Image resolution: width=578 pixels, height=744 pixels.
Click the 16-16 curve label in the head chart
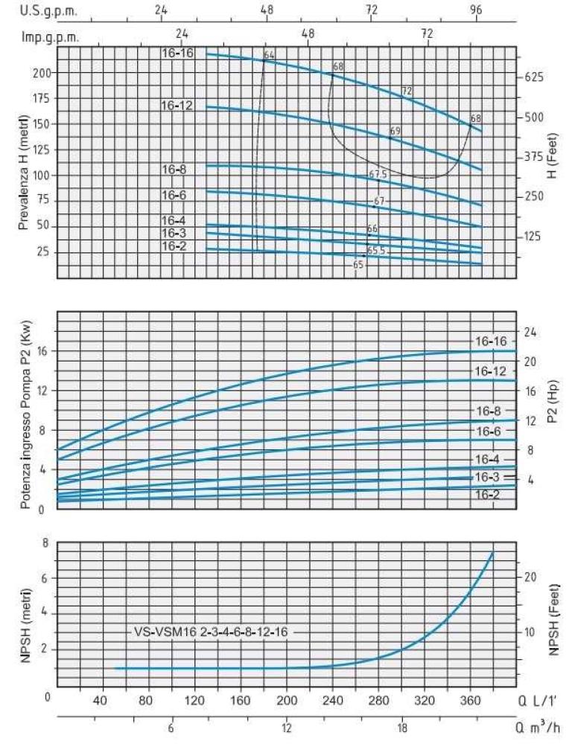click(x=177, y=53)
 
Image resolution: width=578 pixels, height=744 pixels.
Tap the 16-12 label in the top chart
click(x=177, y=106)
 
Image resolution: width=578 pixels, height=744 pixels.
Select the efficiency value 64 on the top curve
click(x=269, y=56)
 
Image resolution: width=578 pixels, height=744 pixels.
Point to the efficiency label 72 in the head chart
click(x=407, y=91)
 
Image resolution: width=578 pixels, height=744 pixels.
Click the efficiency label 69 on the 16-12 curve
click(x=395, y=131)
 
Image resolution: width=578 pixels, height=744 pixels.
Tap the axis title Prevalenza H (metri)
click(x=23, y=162)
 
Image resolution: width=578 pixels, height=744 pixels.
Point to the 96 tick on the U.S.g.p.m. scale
click(x=477, y=10)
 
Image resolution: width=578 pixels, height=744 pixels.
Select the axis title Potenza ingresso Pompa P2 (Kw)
click(x=25, y=411)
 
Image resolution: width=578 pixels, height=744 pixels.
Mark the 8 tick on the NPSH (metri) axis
click(x=45, y=543)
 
